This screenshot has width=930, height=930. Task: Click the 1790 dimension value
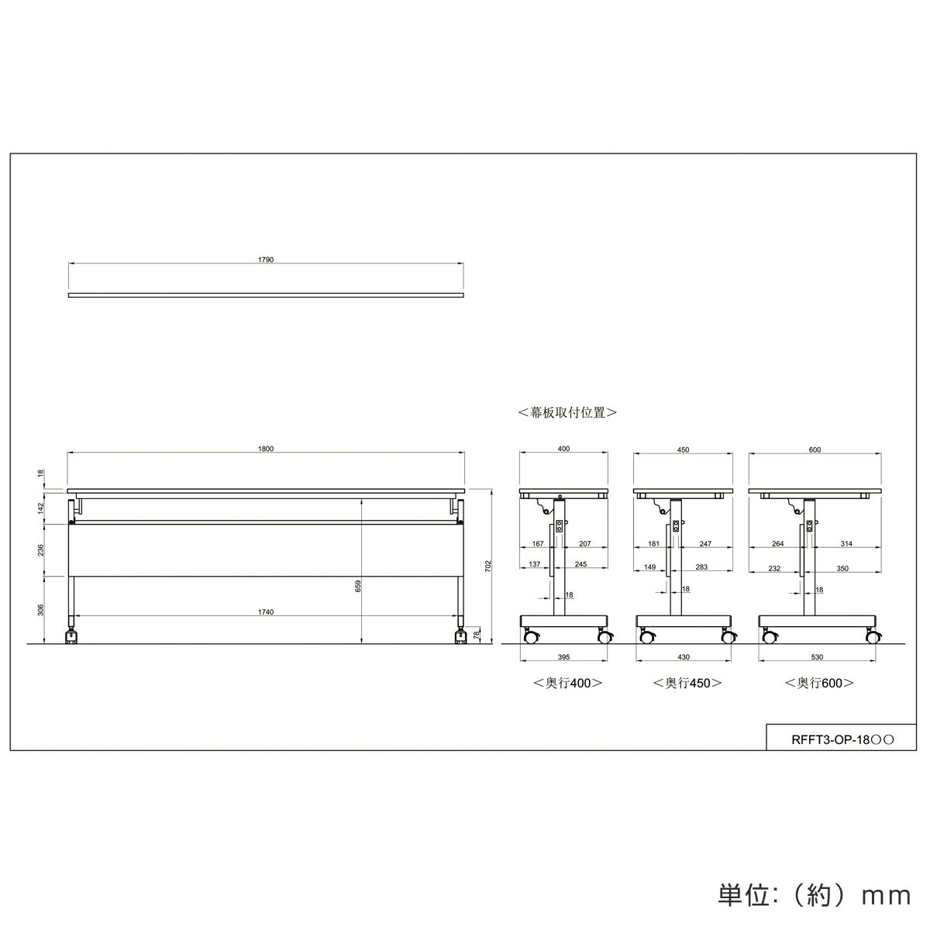[x=266, y=260]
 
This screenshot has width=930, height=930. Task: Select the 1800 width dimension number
[x=266, y=449]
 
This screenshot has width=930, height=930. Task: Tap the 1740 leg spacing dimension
[x=266, y=612]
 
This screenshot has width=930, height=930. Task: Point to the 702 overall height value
[x=488, y=566]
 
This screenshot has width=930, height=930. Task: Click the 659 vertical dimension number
[x=358, y=586]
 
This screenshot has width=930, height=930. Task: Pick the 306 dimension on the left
[x=41, y=610]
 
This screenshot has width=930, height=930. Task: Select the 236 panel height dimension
[x=41, y=549]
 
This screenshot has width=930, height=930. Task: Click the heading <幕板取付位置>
[x=567, y=412]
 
